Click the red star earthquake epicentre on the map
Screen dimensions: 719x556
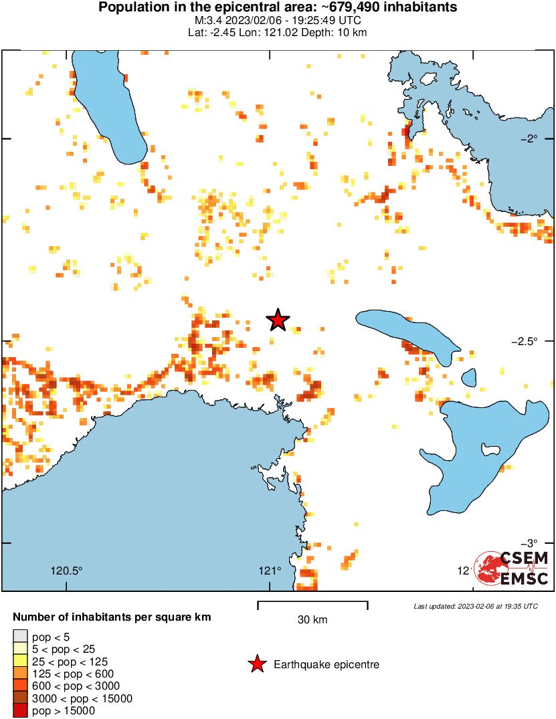coord(278,320)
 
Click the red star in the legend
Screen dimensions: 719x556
coord(256,664)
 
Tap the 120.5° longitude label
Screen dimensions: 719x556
coord(67,571)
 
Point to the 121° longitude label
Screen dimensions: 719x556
coord(270,571)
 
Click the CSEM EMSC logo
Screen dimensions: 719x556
coord(512,569)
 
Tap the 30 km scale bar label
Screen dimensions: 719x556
coord(312,620)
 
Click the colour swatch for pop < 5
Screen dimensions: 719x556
coord(20,635)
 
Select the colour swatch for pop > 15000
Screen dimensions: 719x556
coord(20,711)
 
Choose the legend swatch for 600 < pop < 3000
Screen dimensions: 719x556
coord(20,686)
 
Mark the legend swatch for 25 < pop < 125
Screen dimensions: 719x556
coord(20,661)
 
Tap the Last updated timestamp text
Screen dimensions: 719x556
coord(475,606)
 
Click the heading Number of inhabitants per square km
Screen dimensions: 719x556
coord(112,617)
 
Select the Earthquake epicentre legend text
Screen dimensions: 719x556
coord(327,665)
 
